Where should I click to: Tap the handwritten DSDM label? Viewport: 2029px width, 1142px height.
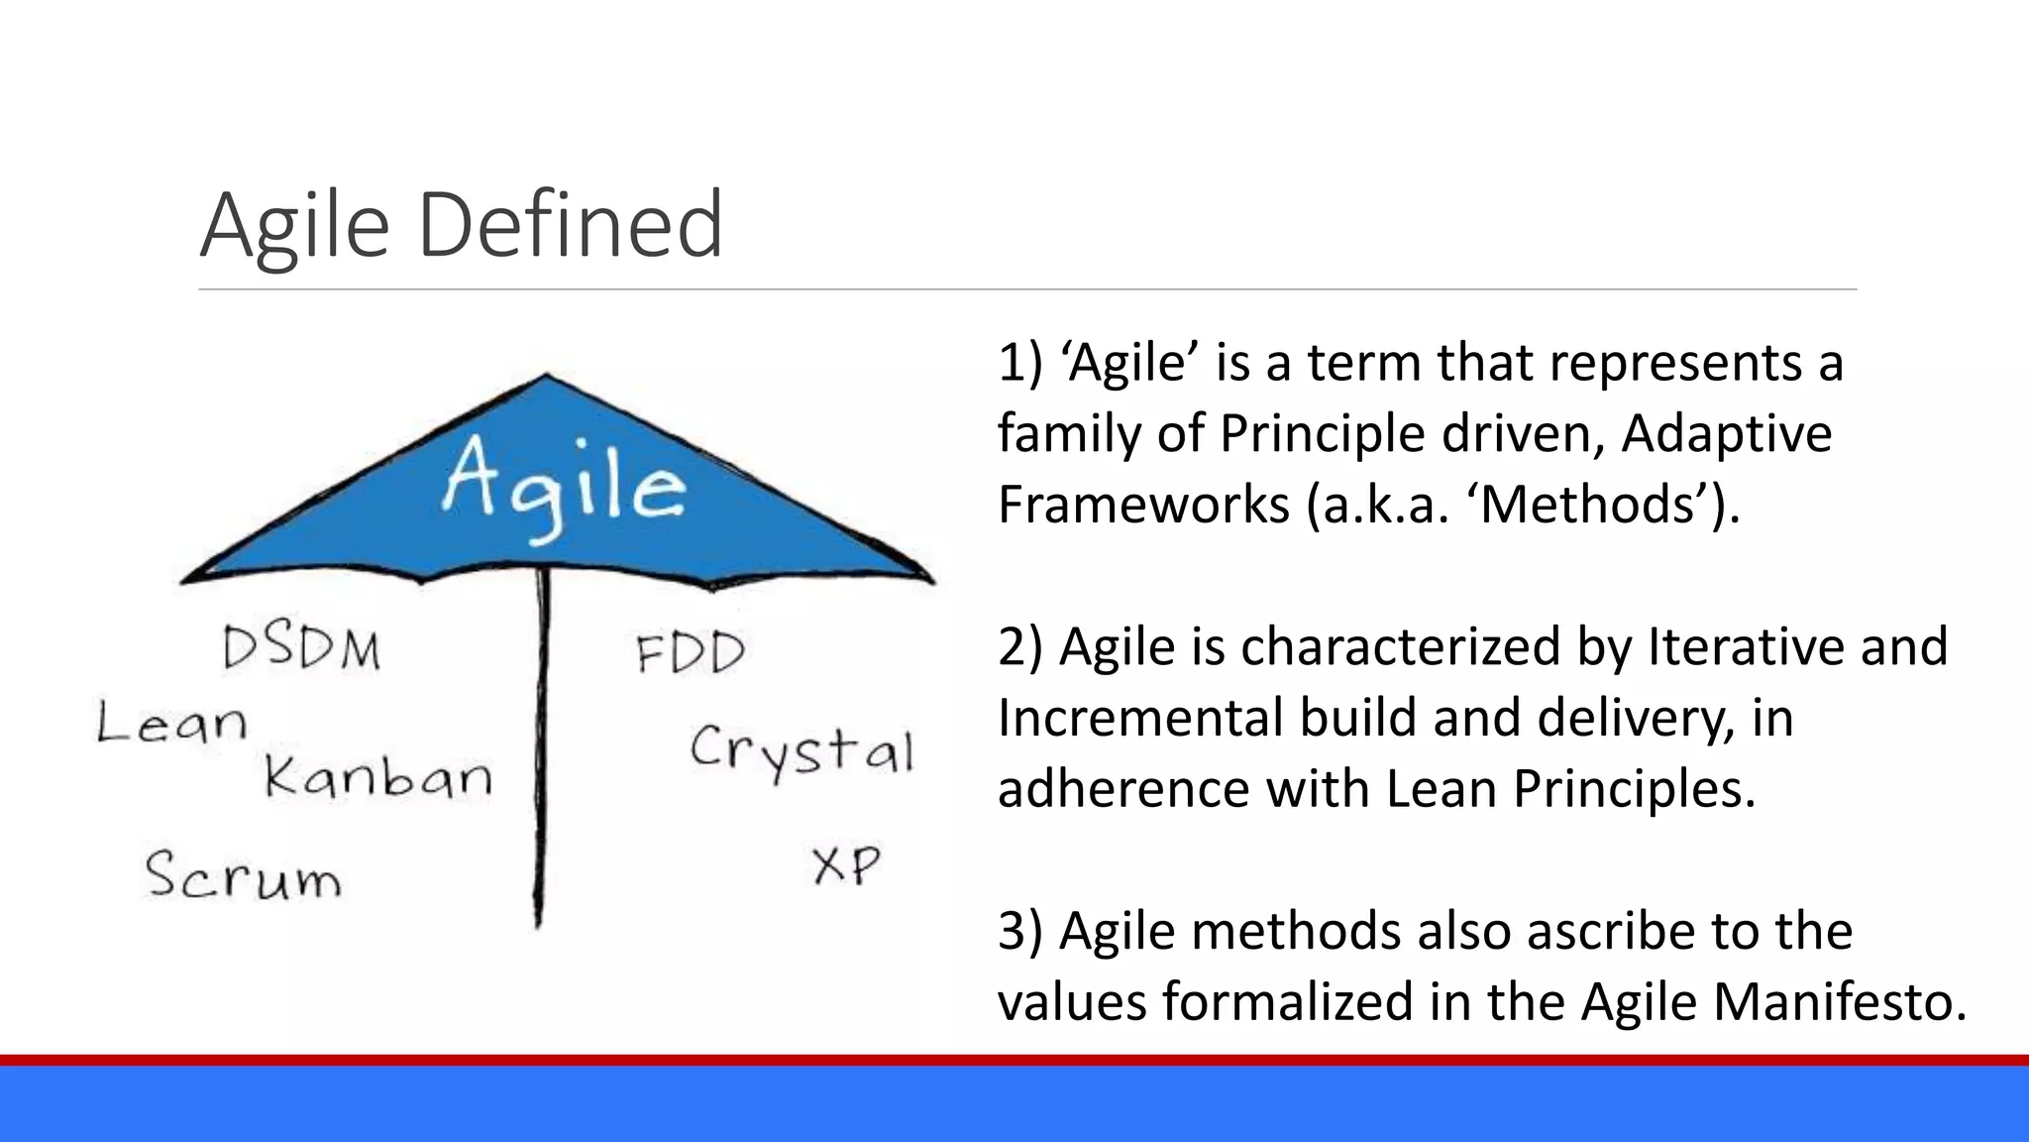301,649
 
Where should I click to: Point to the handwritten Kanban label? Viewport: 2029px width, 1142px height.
378,776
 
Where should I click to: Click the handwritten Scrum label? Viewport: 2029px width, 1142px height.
244,876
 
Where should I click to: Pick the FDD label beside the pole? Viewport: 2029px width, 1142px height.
690,653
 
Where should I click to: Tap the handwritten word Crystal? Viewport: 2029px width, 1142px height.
801,750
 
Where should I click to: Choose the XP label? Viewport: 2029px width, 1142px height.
846,865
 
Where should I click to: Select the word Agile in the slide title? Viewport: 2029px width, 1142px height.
294,226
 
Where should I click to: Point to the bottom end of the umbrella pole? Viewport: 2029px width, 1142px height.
538,924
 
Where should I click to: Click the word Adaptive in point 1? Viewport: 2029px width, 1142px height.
1727,433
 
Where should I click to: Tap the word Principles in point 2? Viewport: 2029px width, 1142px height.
1634,789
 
